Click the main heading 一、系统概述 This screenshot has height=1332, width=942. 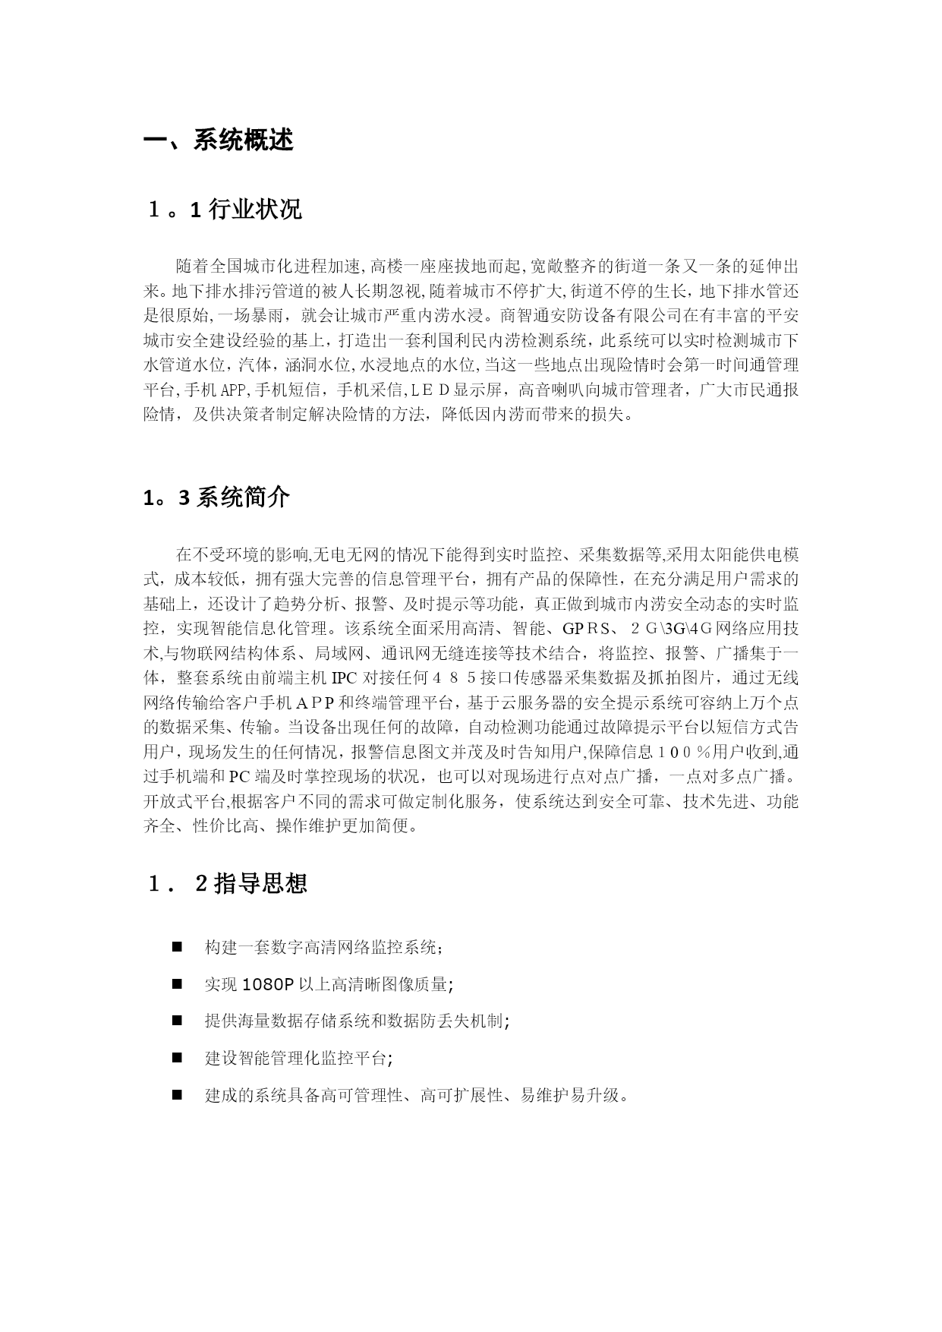(219, 140)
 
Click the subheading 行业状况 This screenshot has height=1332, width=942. (254, 209)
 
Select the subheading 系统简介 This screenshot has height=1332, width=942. (243, 497)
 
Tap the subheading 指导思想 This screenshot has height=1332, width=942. (260, 883)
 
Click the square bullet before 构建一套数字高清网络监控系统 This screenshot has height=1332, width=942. (177, 947)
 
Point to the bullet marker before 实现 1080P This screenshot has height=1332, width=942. (177, 983)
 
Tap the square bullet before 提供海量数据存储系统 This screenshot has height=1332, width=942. (177, 1021)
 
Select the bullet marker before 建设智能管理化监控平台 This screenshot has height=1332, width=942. (177, 1058)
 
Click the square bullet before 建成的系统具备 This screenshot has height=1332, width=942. (177, 1095)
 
